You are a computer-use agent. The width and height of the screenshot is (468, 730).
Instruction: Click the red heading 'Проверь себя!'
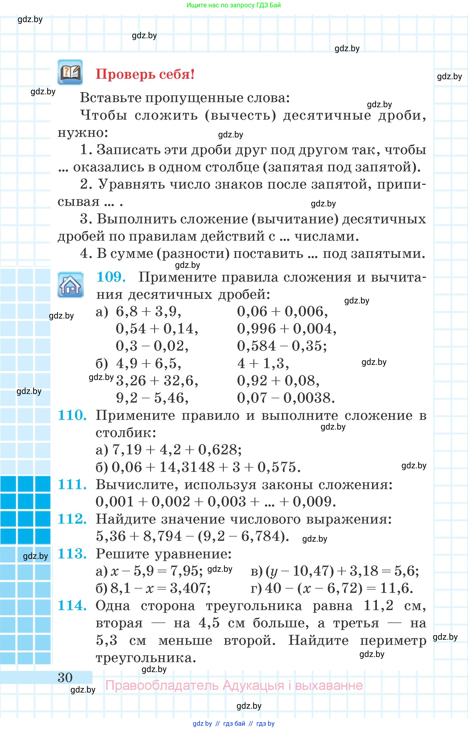click(x=145, y=74)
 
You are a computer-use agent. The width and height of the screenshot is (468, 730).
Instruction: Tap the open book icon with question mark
click(x=70, y=72)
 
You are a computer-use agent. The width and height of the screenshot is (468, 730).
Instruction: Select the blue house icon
click(x=71, y=285)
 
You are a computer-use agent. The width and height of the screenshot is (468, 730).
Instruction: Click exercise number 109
click(x=111, y=277)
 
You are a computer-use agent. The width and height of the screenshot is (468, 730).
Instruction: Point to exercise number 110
click(x=72, y=415)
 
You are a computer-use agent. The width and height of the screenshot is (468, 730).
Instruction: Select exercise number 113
click(x=72, y=553)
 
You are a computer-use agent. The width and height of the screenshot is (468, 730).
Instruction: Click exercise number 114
click(x=72, y=606)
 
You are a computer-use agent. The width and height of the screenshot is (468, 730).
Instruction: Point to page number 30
click(x=65, y=677)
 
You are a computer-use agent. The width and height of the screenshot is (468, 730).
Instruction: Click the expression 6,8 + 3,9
click(x=148, y=312)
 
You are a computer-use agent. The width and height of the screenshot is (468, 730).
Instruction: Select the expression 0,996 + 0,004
click(x=287, y=329)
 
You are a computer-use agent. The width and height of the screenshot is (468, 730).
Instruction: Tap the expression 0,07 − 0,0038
click(x=286, y=398)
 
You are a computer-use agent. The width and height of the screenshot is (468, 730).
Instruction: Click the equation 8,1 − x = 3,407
click(x=160, y=588)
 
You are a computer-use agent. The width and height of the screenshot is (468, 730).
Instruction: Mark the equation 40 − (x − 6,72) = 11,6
click(x=339, y=588)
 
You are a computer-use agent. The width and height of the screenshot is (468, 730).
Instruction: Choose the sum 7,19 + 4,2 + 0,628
click(x=177, y=449)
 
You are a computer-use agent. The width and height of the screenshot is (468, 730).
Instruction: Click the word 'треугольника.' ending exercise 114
click(x=146, y=658)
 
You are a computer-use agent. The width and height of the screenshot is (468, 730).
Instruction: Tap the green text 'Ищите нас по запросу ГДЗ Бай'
click(x=233, y=5)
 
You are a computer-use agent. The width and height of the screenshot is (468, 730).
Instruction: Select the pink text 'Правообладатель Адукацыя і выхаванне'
click(x=234, y=685)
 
